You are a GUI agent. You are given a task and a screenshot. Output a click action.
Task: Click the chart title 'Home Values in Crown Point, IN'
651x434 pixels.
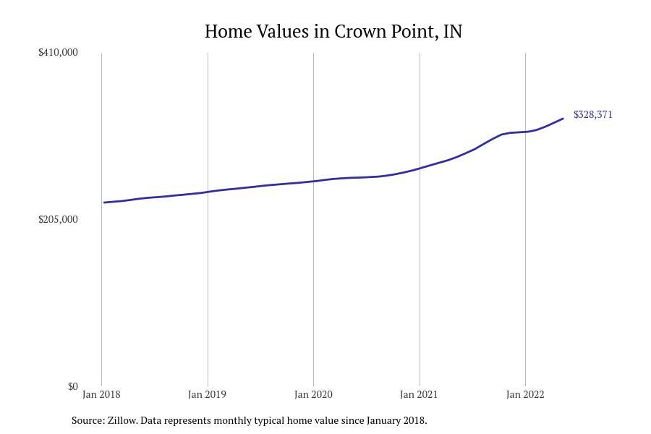coord(333,32)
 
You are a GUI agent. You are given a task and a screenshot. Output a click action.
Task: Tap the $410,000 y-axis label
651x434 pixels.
coord(58,52)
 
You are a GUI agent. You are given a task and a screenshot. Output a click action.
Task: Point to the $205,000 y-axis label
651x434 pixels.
coord(58,219)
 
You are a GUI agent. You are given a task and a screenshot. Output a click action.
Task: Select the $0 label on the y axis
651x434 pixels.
coord(72,386)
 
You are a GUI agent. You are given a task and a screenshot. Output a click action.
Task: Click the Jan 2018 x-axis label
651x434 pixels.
coord(101,394)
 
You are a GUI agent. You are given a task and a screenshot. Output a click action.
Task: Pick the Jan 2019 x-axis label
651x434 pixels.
coord(207,394)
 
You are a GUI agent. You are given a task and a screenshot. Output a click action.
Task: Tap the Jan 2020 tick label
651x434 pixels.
coord(313,394)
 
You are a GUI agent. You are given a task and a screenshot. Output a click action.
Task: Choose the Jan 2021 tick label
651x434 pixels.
coord(419,394)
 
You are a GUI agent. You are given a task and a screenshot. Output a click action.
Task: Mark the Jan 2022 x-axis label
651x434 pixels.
coord(525,394)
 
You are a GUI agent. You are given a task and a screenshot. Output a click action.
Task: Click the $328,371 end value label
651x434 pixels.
coord(593,114)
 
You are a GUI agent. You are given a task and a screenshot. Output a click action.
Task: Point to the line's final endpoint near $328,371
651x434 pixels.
coord(563,119)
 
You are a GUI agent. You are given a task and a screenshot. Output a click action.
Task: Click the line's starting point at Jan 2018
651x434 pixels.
coord(104,203)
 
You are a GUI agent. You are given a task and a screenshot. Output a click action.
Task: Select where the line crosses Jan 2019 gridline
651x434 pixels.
coord(208,192)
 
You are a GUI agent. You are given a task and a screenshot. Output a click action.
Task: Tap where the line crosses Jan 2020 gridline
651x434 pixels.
coord(313,181)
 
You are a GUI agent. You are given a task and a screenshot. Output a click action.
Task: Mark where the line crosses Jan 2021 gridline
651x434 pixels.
coord(420,168)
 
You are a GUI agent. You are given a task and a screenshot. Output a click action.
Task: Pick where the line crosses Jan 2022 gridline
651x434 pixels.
coord(525,132)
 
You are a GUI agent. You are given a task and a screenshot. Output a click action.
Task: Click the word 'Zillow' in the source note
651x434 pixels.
coord(121,420)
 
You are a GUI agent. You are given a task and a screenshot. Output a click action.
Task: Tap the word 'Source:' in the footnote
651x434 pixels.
coord(88,420)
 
